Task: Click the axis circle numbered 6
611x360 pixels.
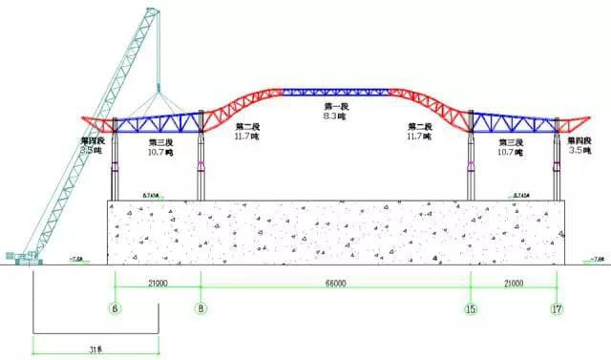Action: [x=114, y=308]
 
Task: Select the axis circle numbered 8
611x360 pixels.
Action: [x=200, y=308]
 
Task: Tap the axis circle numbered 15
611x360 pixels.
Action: [x=471, y=308]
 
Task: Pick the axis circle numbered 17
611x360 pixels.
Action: [x=558, y=308]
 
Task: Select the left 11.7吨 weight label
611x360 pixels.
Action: [x=246, y=137]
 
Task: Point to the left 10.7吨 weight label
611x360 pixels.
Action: [x=160, y=152]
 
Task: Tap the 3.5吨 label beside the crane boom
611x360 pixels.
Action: [x=92, y=150]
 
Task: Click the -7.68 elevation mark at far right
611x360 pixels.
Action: [x=598, y=257]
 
